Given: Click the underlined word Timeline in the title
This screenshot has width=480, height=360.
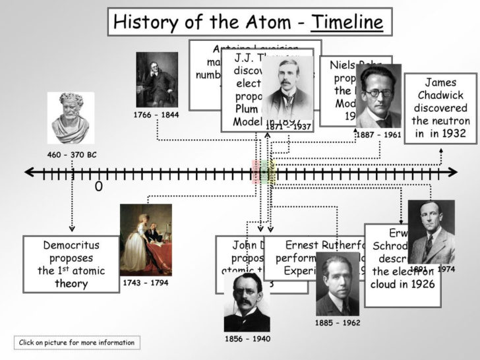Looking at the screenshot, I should (x=347, y=22).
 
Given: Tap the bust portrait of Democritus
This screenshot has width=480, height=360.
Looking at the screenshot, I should (x=71, y=118).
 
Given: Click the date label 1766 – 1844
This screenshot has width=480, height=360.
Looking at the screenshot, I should (x=156, y=115).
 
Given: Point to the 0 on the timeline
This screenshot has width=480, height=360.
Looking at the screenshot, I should (x=99, y=187).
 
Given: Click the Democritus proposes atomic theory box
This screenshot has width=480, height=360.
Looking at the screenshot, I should (x=71, y=264).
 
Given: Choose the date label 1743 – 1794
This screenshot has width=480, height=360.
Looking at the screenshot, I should (x=145, y=283).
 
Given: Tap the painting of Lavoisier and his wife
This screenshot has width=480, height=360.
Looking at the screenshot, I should (x=146, y=240).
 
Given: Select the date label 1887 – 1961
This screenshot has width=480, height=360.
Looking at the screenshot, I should (x=378, y=135).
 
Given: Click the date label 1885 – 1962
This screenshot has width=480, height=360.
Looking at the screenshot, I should (x=338, y=323).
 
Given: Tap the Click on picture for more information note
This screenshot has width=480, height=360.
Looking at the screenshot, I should (x=76, y=342).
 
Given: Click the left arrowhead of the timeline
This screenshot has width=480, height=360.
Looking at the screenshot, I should (x=28, y=173).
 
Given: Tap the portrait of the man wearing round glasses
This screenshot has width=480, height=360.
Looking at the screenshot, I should (x=378, y=96).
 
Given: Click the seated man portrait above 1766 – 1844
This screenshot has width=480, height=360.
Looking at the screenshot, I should (x=156, y=78).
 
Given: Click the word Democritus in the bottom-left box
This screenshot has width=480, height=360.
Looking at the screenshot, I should (x=71, y=245).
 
